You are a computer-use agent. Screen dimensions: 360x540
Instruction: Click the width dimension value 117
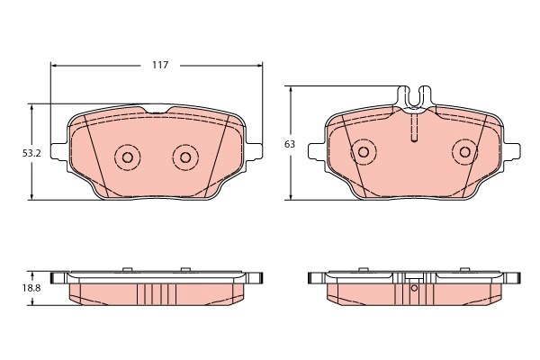coord(159,66)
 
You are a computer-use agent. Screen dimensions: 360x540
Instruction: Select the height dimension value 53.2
coord(31,155)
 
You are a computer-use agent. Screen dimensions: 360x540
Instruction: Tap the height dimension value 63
coord(289,144)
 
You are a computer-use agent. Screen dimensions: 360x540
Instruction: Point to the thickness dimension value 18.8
coord(31,288)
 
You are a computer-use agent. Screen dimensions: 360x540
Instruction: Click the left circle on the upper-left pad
coord(127,157)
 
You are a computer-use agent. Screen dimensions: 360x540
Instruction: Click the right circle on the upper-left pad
coord(186,157)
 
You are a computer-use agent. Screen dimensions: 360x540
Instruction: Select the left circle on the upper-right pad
coord(364,151)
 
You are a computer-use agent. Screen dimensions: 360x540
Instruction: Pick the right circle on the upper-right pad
coord(465,151)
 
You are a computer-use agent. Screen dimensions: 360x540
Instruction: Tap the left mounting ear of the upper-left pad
coord(60,153)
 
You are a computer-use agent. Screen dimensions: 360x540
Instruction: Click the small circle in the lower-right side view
coord(414,289)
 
